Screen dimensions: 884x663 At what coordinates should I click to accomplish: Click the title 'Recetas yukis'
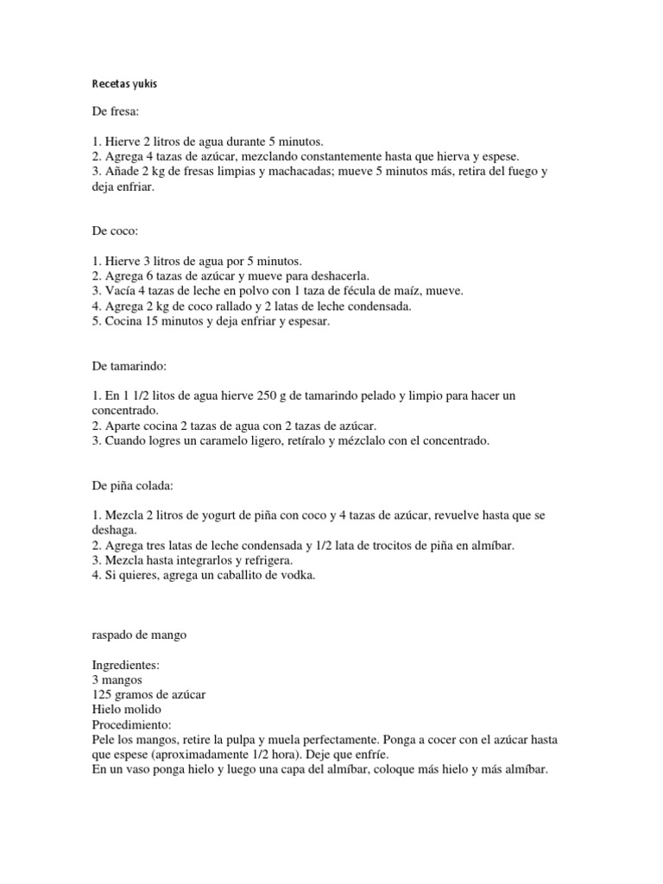click(124, 85)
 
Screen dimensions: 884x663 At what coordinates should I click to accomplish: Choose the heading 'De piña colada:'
click(132, 487)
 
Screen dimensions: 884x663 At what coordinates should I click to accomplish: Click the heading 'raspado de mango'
click(138, 635)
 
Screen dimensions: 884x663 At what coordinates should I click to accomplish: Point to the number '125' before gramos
click(102, 695)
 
